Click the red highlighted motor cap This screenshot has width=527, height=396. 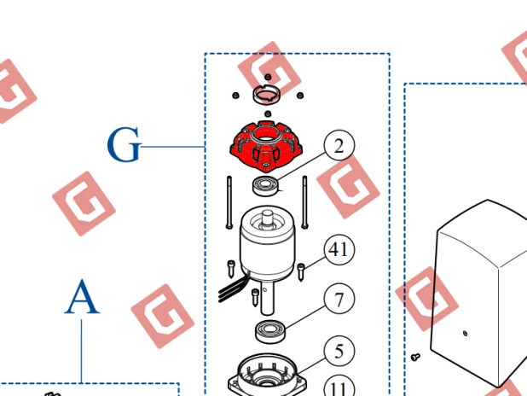click(266, 146)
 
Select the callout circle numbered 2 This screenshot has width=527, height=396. click(339, 146)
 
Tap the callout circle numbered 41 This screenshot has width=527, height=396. click(339, 250)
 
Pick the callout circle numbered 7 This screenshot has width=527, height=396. click(339, 299)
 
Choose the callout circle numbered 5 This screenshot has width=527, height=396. click(339, 351)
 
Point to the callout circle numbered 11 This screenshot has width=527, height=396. click(339, 386)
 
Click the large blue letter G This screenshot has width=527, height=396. click(124, 144)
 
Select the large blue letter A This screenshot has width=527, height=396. click(82, 297)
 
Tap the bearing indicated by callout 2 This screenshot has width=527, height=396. click(265, 186)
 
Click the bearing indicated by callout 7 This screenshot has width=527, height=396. click(269, 331)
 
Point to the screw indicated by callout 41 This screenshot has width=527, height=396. click(301, 272)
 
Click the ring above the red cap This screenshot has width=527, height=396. click(268, 95)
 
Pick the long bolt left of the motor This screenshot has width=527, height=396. click(229, 202)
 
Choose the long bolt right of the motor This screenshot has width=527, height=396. click(304, 202)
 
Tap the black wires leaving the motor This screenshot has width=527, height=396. click(233, 288)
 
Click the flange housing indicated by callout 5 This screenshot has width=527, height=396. click(267, 374)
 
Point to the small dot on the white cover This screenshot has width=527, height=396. click(465, 334)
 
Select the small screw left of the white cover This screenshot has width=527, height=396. click(415, 356)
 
